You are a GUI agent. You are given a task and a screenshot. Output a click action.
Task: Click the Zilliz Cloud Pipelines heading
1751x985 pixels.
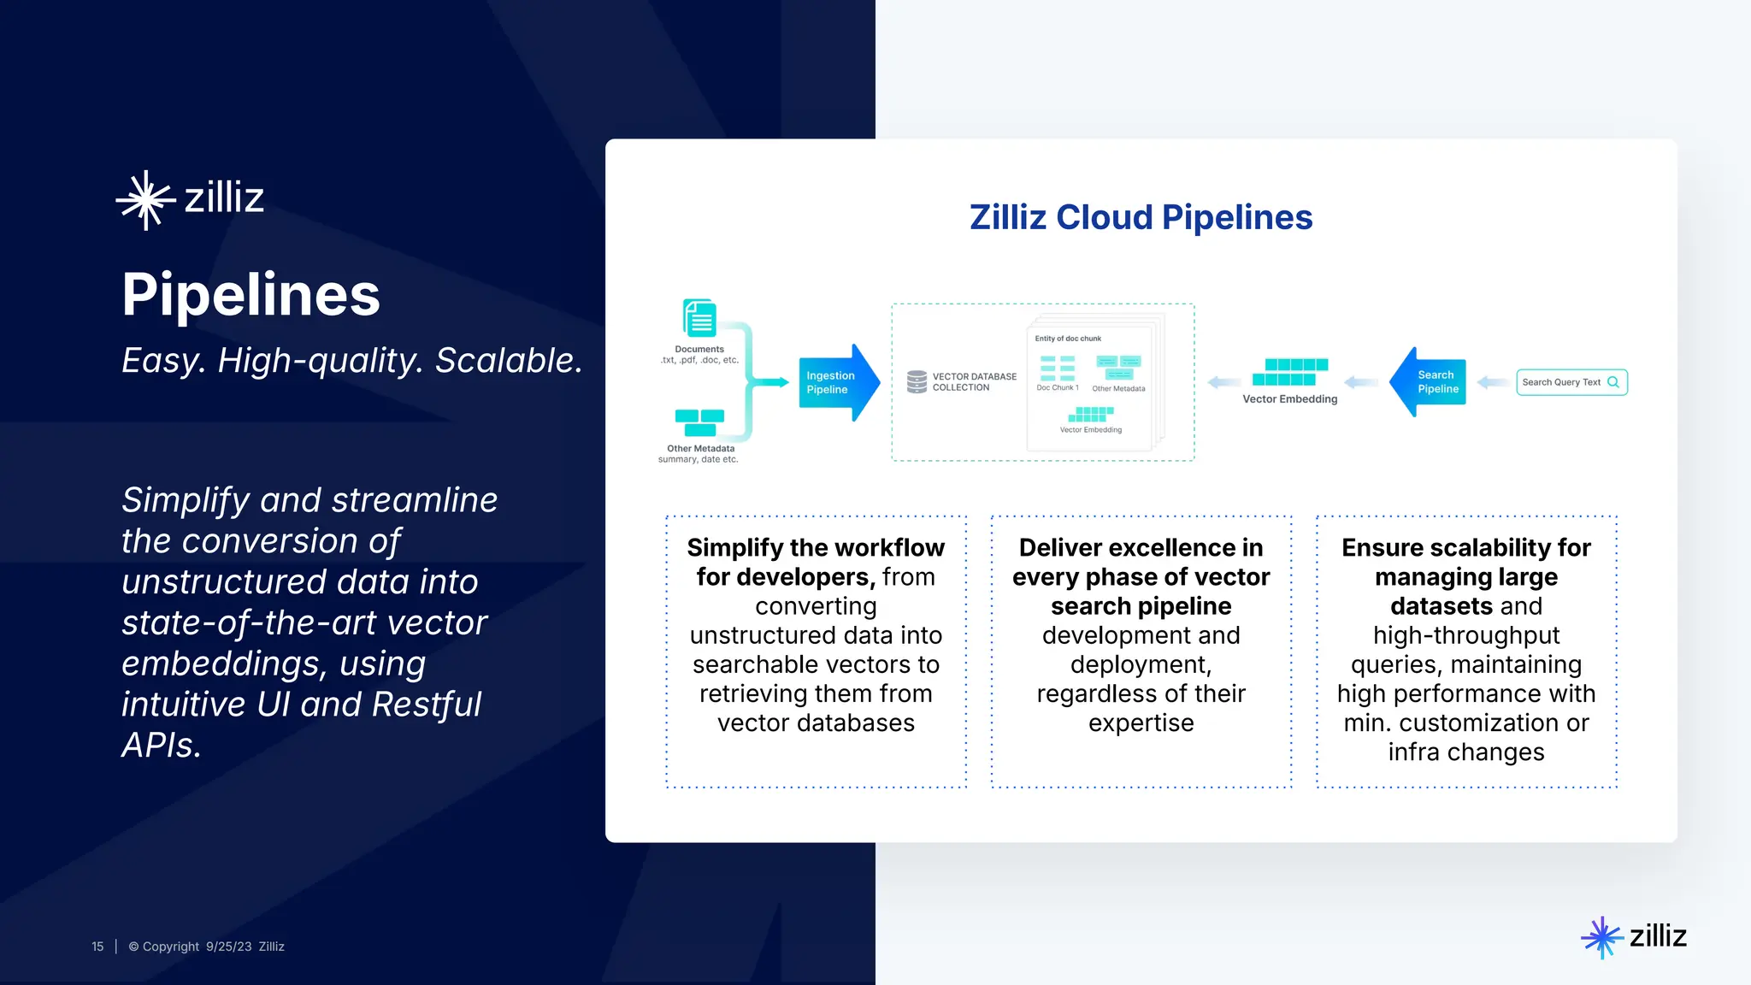1141,217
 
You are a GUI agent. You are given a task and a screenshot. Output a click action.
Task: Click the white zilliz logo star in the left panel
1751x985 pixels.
145,200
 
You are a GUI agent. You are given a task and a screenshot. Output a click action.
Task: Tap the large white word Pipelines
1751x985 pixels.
251,294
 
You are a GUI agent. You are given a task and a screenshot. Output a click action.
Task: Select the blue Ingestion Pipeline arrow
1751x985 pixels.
837,382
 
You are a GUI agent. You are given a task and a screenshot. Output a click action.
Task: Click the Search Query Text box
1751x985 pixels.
1571,382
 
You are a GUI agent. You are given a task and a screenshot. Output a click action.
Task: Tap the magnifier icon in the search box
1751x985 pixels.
1613,382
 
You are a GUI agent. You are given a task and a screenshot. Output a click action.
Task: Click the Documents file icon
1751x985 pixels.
699,319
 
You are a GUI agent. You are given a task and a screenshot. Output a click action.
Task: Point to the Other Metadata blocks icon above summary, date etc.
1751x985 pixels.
699,422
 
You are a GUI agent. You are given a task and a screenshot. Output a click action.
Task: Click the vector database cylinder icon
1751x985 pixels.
917,381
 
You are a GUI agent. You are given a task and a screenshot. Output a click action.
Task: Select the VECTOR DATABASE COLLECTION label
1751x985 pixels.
974,381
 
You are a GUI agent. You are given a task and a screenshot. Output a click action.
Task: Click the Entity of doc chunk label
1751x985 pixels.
1068,339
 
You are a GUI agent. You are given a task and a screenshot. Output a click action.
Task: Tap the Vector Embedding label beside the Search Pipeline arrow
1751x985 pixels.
1289,399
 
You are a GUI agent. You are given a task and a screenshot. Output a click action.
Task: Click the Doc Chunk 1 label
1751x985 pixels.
1058,388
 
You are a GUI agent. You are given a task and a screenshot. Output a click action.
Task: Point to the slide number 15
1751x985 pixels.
97,947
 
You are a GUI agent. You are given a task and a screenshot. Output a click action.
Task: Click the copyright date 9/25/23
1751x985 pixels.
228,947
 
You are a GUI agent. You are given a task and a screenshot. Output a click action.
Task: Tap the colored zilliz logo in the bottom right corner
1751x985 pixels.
1633,936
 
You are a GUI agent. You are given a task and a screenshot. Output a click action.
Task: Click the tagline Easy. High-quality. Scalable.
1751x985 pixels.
351,361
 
